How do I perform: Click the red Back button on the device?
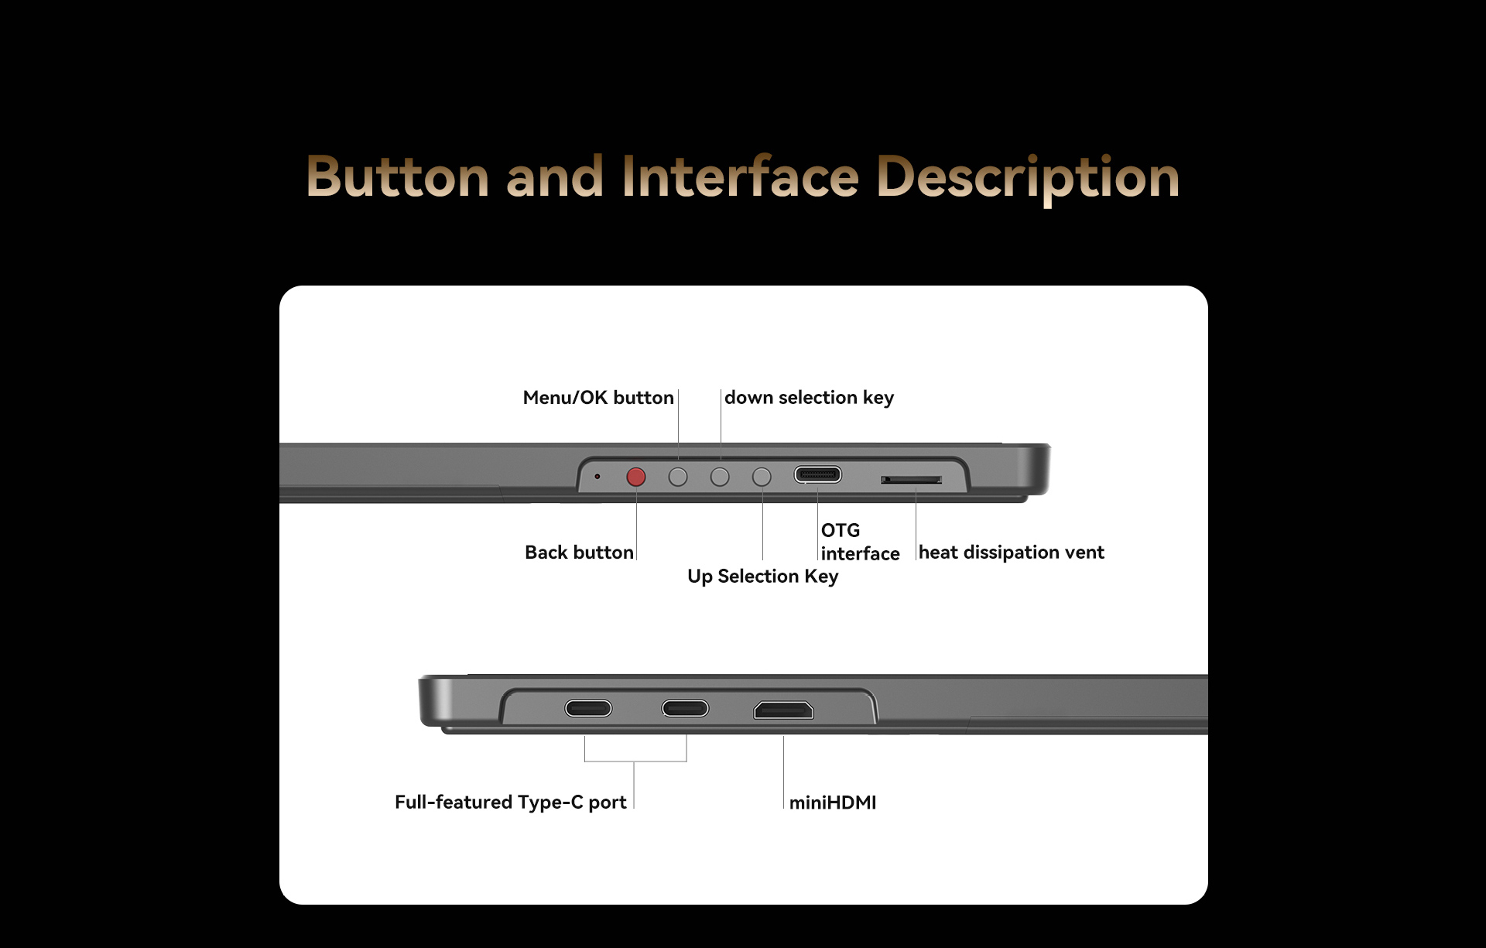pos(636,477)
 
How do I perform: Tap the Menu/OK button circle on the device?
pos(678,477)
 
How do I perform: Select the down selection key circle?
pos(720,477)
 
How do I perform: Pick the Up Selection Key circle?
pos(762,477)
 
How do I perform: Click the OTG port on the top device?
pos(817,474)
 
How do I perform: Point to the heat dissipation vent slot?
pos(911,480)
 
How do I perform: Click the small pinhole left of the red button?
pos(597,476)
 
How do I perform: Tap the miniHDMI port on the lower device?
pos(784,710)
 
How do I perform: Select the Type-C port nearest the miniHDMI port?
pos(685,708)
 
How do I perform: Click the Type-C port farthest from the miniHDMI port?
pos(588,708)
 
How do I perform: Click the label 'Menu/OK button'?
pos(598,398)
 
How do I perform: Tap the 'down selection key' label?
pos(809,398)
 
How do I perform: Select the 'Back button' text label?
pos(579,553)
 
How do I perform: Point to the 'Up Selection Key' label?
pos(762,577)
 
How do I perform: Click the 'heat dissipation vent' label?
pos(1011,553)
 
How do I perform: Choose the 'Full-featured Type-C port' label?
pos(511,803)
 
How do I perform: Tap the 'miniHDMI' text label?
pos(833,803)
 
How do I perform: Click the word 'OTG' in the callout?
pos(841,531)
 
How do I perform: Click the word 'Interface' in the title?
pos(740,176)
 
